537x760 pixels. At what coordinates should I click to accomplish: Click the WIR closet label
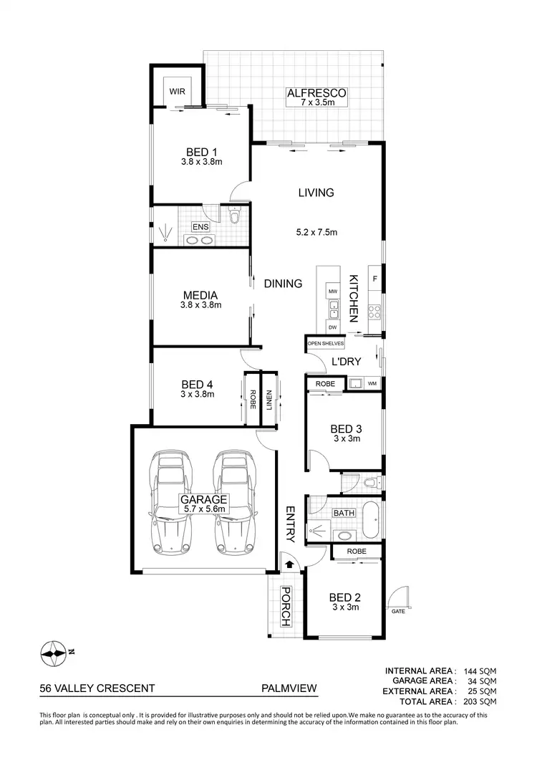pos(177,92)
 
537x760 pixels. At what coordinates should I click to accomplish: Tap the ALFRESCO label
pos(316,93)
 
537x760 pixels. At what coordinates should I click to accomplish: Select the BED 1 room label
pos(201,152)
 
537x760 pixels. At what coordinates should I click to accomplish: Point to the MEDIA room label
pos(200,295)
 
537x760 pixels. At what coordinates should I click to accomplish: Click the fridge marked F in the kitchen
pos(374,277)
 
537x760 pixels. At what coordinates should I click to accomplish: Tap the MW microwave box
pos(332,292)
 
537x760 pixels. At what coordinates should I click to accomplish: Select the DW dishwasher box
pos(332,327)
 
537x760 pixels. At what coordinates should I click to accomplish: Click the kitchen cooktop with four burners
pos(374,311)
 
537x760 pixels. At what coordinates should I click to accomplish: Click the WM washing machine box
pos(372,385)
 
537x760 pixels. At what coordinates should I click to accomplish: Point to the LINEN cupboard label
pos(269,398)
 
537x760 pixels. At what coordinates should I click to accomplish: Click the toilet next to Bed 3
pos(369,484)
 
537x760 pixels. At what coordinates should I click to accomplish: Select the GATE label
pos(397,612)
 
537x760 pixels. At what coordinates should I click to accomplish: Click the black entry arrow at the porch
pos(289,564)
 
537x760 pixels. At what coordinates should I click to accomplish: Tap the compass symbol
pos(54,652)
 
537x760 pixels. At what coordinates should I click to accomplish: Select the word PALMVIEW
pos(289,688)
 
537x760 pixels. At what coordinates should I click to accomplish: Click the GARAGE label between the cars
pos(204,499)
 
